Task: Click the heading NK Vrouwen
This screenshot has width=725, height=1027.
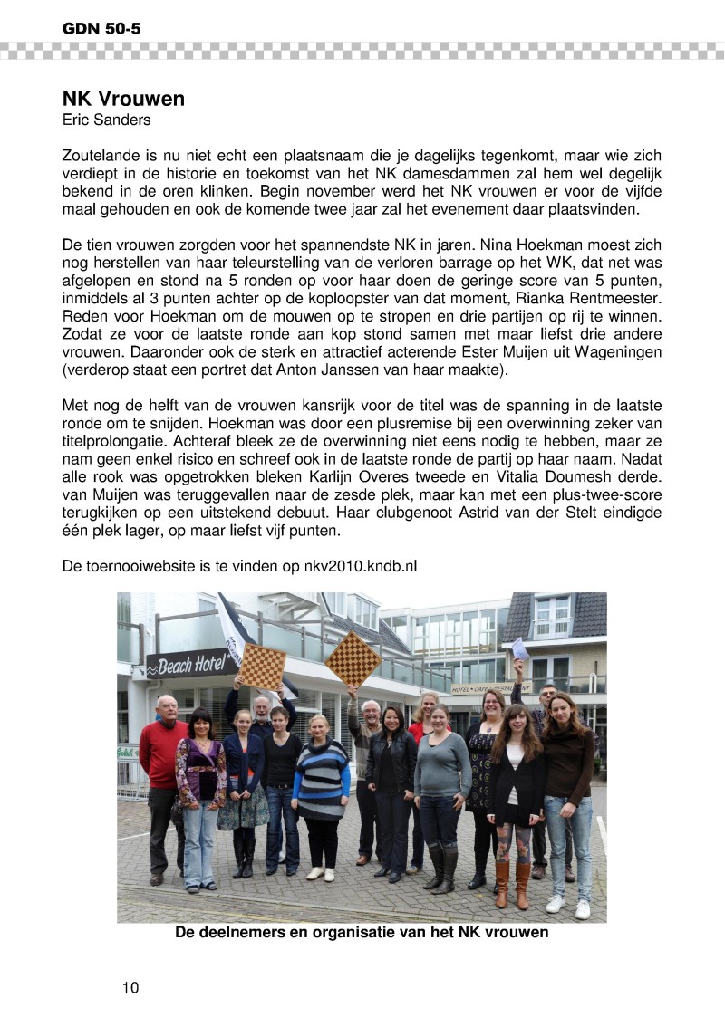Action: coord(123,98)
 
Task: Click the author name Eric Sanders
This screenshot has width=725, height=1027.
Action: coord(107,119)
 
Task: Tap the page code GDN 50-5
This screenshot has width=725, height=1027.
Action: coord(101,29)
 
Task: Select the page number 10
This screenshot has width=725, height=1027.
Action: coord(130,987)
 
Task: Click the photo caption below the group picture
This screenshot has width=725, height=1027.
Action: coord(362,932)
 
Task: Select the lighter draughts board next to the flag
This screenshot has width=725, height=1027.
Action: coord(262,666)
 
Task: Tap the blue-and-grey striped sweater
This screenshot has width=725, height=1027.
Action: coord(321,778)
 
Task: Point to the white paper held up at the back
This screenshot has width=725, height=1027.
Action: coord(519,648)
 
